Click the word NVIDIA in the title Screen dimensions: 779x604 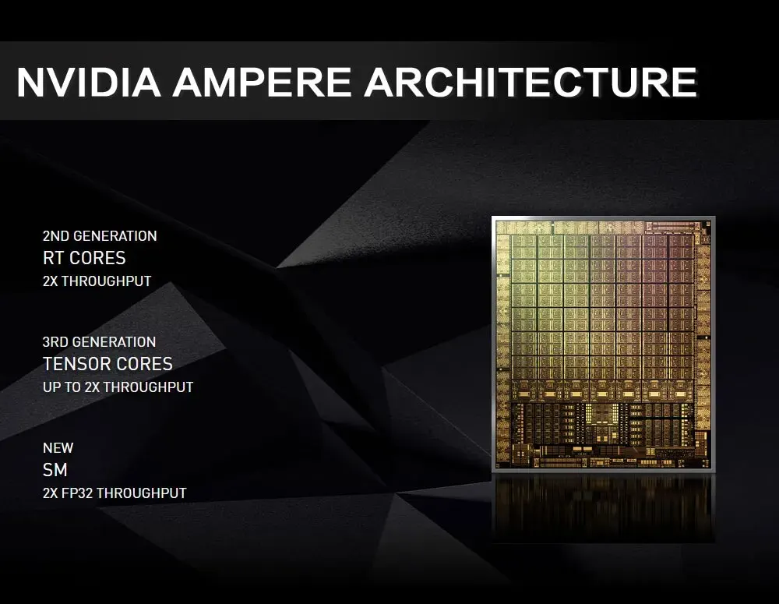89,82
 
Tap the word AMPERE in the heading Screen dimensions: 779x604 262,82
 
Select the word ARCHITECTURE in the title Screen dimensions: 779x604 530,82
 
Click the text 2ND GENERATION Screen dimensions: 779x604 100,235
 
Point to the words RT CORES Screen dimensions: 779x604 84,258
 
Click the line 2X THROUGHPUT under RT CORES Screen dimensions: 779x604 97,281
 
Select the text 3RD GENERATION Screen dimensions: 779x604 100,342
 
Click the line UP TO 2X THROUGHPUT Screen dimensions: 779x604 118,387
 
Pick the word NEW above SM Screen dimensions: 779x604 58,448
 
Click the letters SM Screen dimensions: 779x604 55,470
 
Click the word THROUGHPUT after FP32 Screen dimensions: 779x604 142,493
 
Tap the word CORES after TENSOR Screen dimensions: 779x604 147,364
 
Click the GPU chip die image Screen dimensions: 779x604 603,344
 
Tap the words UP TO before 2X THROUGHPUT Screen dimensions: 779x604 62,387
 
